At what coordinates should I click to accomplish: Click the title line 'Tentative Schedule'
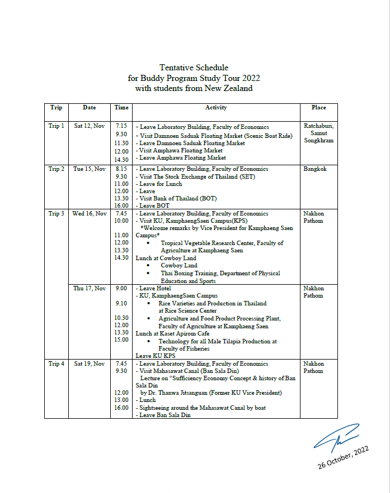(194, 68)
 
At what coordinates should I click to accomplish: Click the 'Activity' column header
(216, 108)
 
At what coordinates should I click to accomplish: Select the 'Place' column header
(318, 108)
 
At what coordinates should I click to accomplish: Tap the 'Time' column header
(121, 108)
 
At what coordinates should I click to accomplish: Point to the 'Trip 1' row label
(57, 126)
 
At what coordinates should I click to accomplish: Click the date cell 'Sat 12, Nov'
(89, 126)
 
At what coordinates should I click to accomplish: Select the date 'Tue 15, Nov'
(89, 169)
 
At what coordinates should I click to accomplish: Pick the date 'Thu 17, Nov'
(89, 289)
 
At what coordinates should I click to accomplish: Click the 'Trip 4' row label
(57, 364)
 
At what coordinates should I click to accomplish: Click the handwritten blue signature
(336, 438)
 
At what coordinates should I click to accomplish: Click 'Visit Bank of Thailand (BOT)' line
(177, 199)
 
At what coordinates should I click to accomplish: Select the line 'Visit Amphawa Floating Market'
(180, 151)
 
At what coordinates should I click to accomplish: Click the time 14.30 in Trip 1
(121, 160)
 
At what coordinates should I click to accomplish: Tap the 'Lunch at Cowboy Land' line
(166, 259)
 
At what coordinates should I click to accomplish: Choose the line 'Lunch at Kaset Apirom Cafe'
(172, 333)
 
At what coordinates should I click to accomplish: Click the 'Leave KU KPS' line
(156, 355)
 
